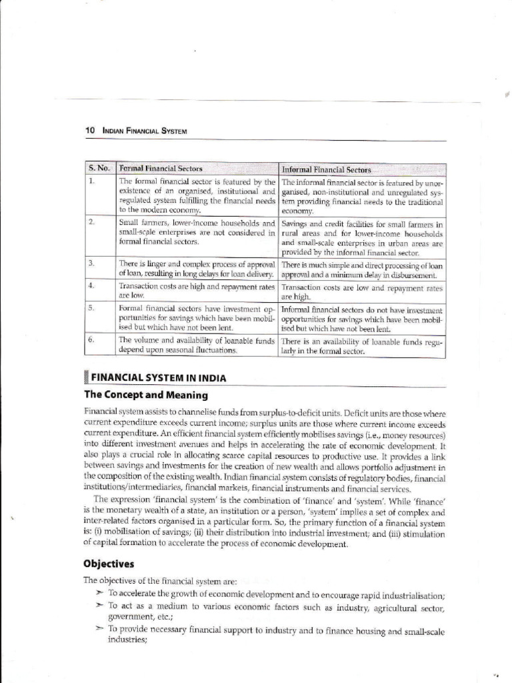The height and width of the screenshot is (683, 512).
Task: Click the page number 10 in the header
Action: (89, 130)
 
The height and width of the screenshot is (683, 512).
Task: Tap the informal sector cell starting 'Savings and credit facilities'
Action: (362, 239)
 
